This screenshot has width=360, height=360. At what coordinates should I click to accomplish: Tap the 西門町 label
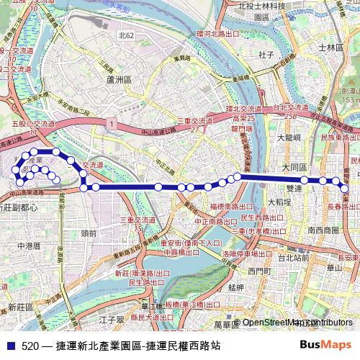(256, 271)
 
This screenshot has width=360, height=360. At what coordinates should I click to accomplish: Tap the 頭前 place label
(89, 233)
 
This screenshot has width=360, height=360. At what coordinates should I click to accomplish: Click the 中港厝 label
(29, 246)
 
